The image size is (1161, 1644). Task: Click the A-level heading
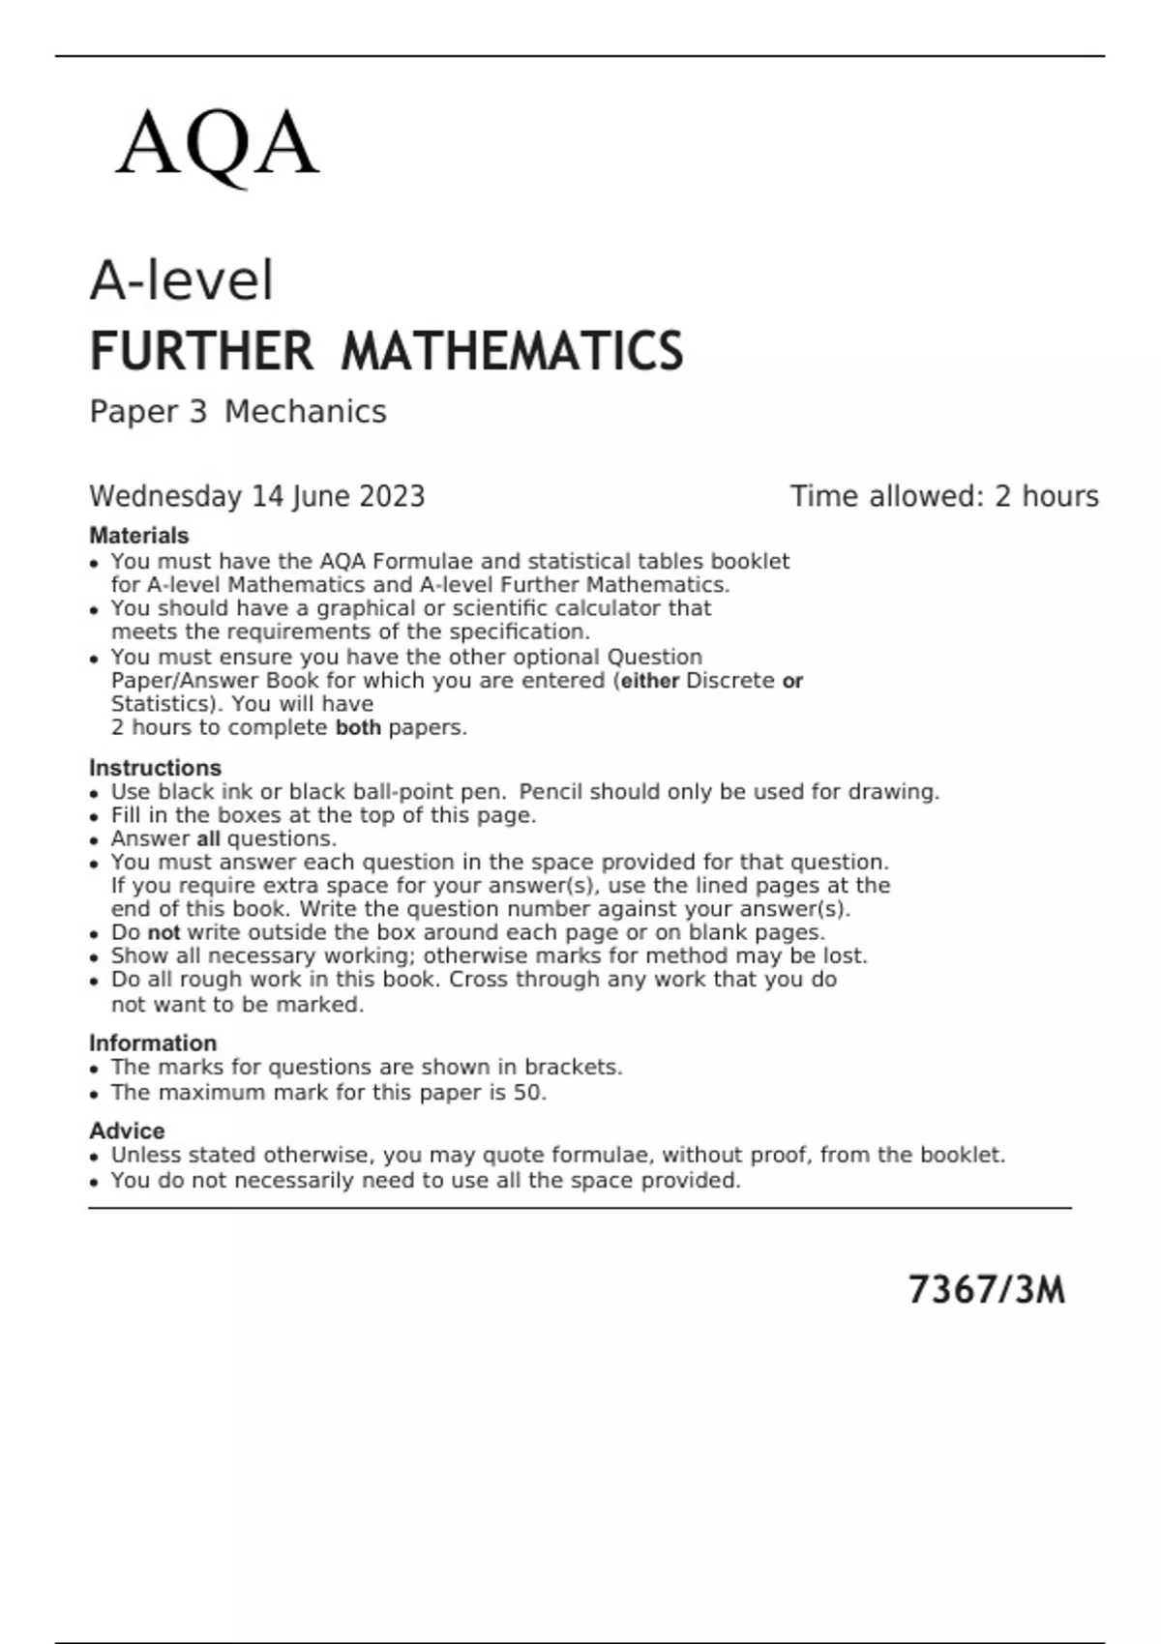coord(182,281)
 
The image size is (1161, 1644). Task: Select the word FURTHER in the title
coord(201,351)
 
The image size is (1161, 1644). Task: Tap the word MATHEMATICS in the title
coord(512,351)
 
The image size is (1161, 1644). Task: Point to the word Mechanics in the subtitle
coord(306,412)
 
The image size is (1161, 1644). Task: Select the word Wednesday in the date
coord(165,497)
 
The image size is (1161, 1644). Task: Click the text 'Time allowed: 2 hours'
coord(944,497)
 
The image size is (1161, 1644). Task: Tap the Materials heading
coord(139,536)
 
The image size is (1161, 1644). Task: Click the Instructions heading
coord(155,768)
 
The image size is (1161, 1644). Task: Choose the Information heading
coord(153,1043)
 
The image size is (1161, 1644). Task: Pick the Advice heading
coord(127,1131)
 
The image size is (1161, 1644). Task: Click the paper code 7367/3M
coord(986,1291)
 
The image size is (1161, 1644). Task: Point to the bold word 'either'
coord(649,682)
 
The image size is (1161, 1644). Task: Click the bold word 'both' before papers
coord(358,728)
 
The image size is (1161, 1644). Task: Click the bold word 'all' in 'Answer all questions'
coord(208,839)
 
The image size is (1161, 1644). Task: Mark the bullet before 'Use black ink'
coord(94,794)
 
